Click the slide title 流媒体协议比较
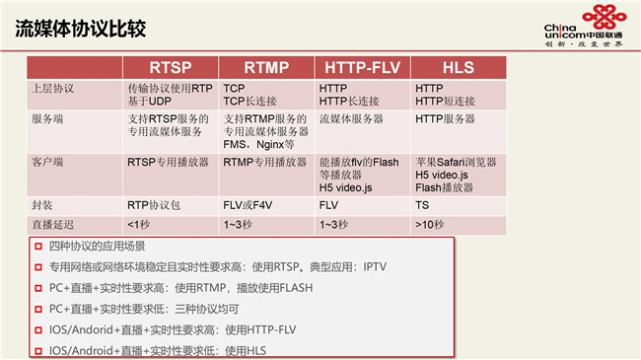[x=81, y=29]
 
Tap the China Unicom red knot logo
[x=605, y=17]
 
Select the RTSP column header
[x=170, y=67]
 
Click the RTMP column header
[x=266, y=67]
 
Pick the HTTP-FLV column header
[x=362, y=67]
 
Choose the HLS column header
[x=459, y=67]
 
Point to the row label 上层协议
[x=52, y=89]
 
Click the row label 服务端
[x=47, y=119]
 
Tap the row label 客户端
[x=47, y=162]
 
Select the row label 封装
[x=42, y=205]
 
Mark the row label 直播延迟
[x=52, y=225]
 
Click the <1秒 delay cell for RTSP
[x=139, y=225]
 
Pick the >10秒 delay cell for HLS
[x=429, y=225]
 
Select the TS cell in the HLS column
[x=422, y=205]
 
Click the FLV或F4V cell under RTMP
[x=248, y=205]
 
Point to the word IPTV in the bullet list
[x=375, y=267]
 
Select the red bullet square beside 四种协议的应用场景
[x=38, y=247]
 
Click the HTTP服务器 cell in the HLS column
[x=445, y=119]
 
